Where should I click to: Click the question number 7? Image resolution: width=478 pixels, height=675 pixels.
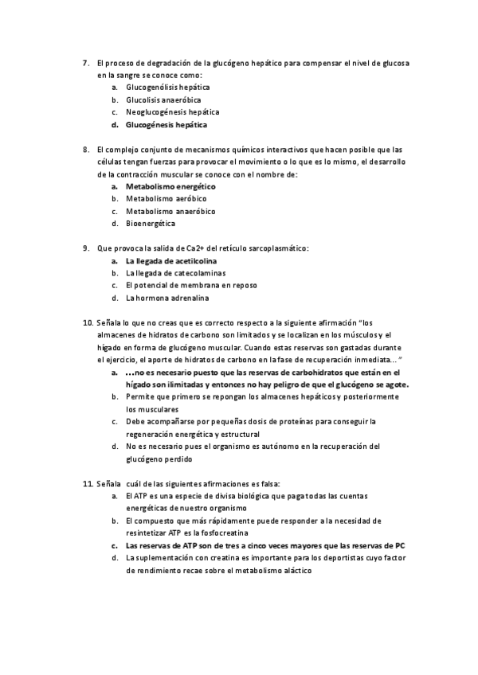[x=86, y=62]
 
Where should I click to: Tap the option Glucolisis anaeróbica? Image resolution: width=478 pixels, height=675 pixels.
[x=163, y=100]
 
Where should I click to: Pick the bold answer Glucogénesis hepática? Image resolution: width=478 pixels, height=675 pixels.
[x=167, y=125]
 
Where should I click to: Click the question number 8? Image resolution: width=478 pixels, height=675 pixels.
[x=86, y=149]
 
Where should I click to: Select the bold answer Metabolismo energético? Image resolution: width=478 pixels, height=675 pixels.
[x=170, y=186]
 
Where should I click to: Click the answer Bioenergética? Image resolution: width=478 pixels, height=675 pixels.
[x=151, y=224]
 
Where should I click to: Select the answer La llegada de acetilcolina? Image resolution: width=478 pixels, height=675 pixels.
[x=171, y=260]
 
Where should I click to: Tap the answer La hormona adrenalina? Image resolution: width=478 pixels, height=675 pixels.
[x=167, y=298]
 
